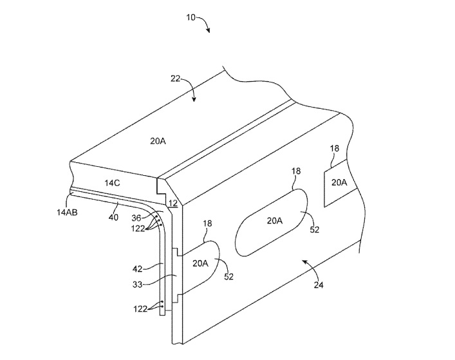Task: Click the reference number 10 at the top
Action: coord(191,17)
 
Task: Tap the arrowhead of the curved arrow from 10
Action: coord(208,30)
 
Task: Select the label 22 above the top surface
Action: coord(175,79)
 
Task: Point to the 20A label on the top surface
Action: coord(158,141)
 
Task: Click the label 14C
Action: coord(112,183)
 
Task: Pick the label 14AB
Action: coord(67,213)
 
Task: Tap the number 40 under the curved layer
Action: coord(113,217)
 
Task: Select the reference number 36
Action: coord(136,218)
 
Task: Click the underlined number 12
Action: coord(172,204)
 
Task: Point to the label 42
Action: coord(138,269)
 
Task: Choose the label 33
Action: coord(138,284)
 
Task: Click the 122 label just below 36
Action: coord(138,229)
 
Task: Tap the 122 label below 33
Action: coord(140,309)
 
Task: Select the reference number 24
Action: coord(319,285)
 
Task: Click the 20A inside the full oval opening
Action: coord(275,221)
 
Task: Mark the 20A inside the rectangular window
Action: coord(339,182)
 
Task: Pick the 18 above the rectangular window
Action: coord(334,148)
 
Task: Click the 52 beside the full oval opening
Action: coord(315,230)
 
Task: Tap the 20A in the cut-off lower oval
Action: coord(201,263)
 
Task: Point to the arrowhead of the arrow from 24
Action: coord(304,262)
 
